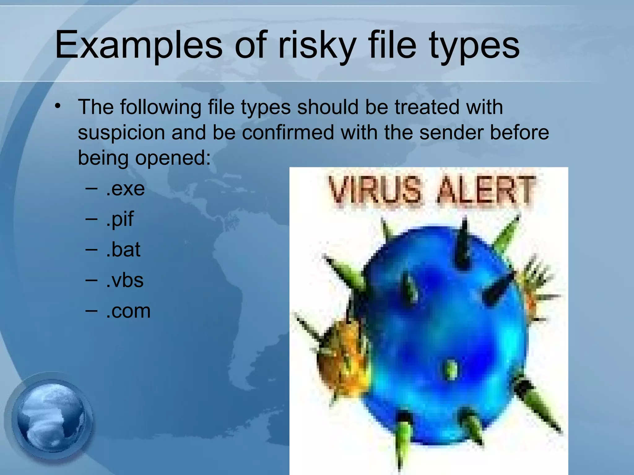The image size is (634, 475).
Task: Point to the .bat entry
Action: pos(123,250)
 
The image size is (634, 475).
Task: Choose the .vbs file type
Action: pos(124,280)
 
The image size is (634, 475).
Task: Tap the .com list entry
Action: pos(128,311)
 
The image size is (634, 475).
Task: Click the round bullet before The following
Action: pos(57,106)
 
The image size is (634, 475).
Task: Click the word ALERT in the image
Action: pos(486,190)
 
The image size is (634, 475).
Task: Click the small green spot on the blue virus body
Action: pos(451,369)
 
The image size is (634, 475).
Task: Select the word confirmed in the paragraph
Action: pos(288,132)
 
